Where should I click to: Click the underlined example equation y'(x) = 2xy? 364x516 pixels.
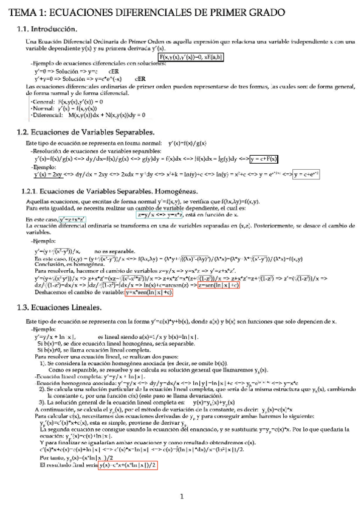click(48, 175)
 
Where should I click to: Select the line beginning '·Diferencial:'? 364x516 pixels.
click(88, 114)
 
